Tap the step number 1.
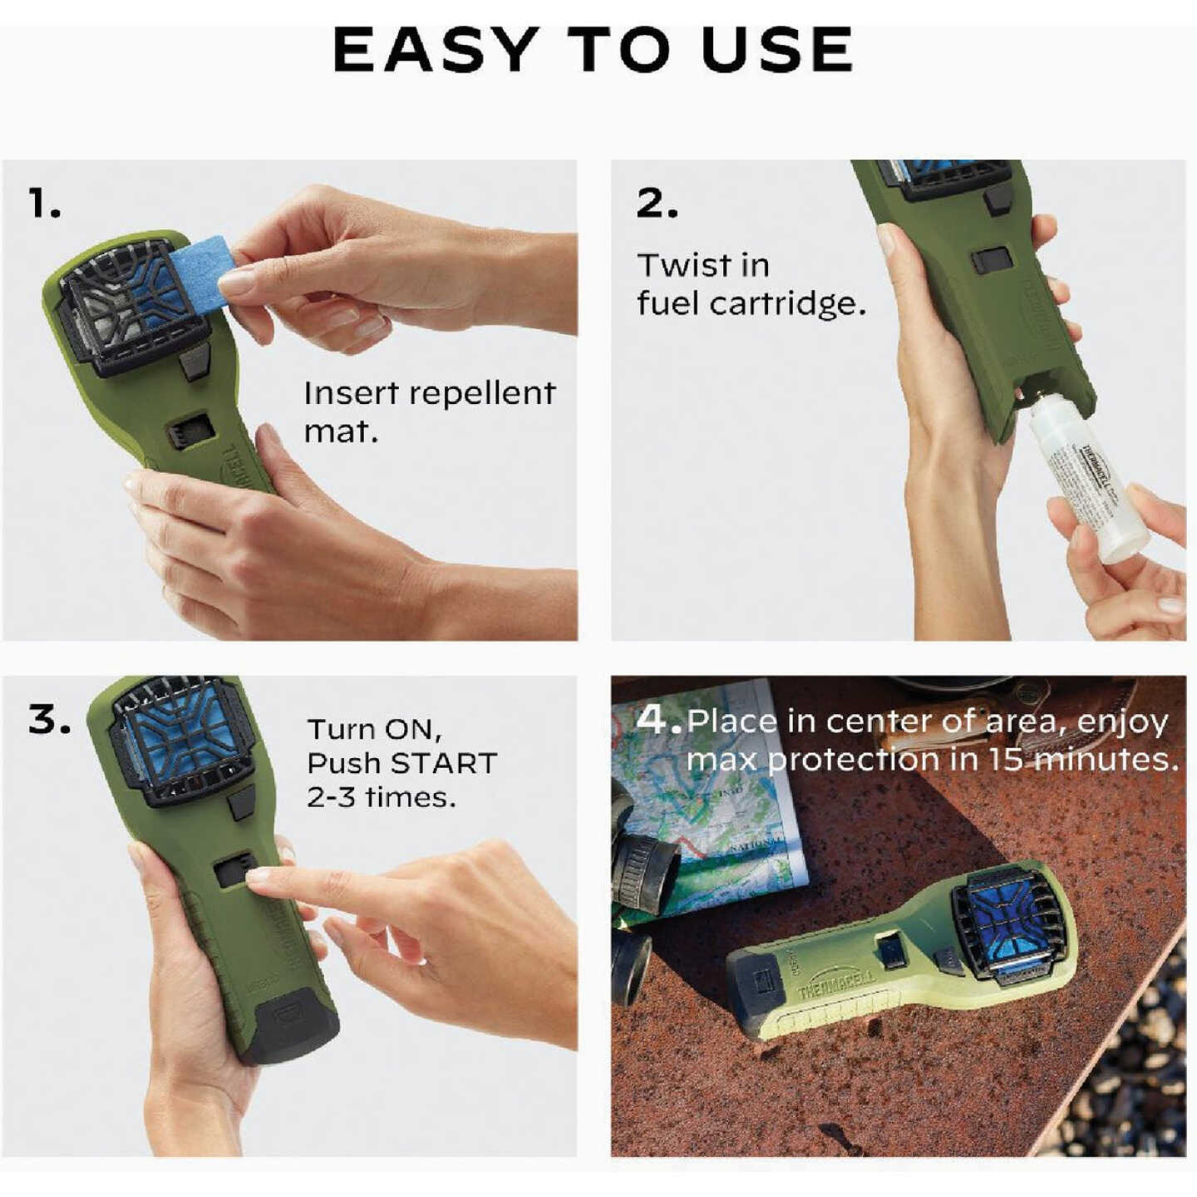pyautogui.click(x=44, y=204)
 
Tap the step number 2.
pyautogui.click(x=656, y=204)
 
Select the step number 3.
pyautogui.click(x=47, y=720)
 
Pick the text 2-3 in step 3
pyautogui.click(x=332, y=798)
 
